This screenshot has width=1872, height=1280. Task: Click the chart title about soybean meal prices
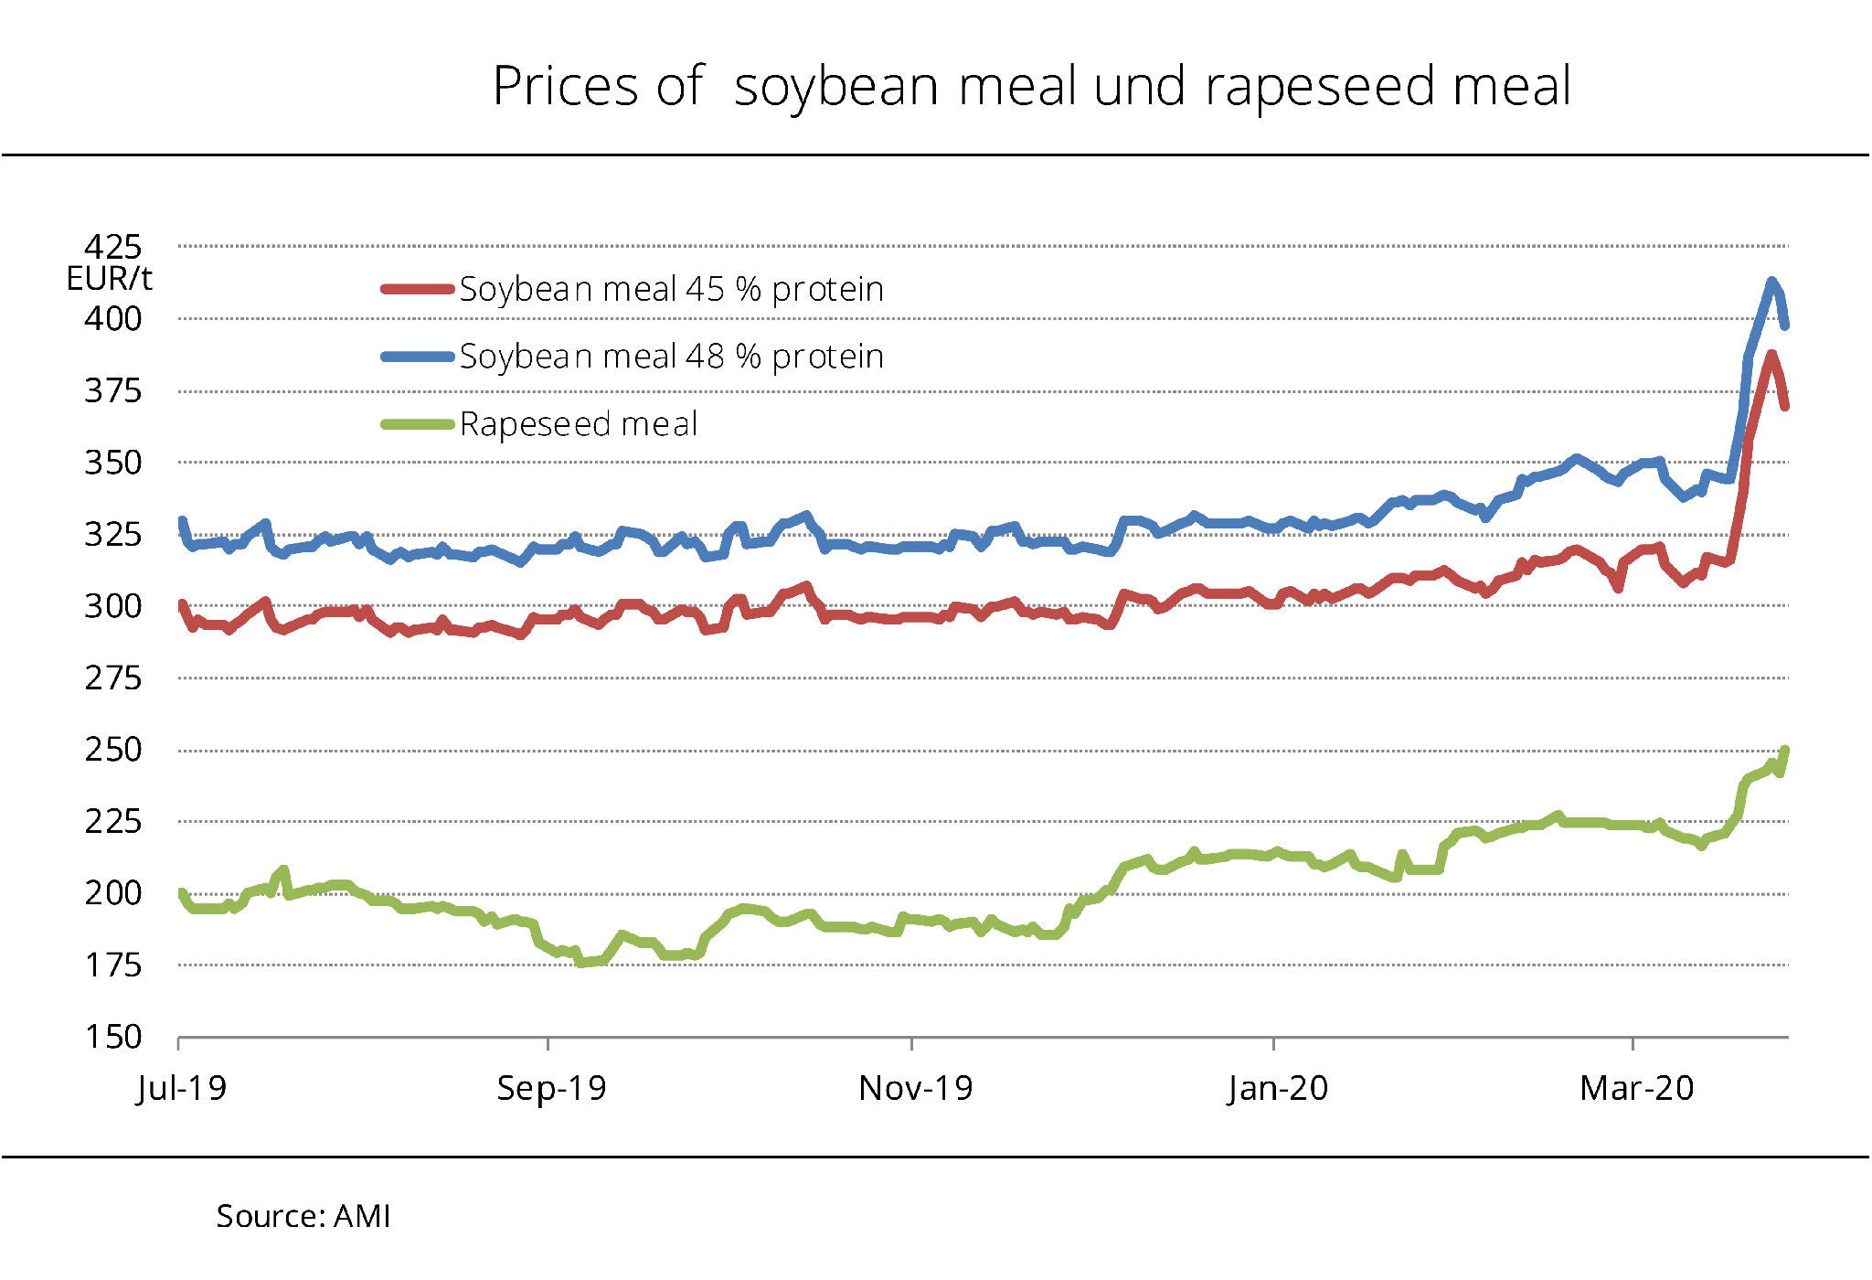click(x=1031, y=87)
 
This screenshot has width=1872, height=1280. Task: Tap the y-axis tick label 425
click(x=113, y=247)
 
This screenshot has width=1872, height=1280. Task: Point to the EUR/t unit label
click(x=109, y=279)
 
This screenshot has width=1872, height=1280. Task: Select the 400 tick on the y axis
click(x=113, y=319)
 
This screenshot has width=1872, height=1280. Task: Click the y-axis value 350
click(x=113, y=463)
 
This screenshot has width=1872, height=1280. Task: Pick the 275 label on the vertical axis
click(x=113, y=678)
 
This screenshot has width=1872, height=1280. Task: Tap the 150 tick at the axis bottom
click(x=113, y=1038)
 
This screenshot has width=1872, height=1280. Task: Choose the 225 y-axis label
click(x=113, y=822)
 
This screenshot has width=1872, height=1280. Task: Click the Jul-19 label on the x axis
click(x=181, y=1088)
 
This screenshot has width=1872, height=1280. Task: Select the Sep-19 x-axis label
click(x=551, y=1088)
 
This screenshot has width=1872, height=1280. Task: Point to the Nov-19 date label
click(x=915, y=1088)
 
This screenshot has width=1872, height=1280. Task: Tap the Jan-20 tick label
click(x=1277, y=1088)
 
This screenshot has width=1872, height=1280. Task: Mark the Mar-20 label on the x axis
click(x=1636, y=1088)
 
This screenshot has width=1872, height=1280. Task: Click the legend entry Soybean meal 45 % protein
click(x=671, y=290)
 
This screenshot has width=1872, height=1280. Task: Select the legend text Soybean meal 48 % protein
click(x=671, y=357)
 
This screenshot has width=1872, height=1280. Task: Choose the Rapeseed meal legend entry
click(x=579, y=424)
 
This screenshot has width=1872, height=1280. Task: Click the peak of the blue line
click(x=1771, y=282)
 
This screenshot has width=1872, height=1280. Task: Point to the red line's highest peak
click(x=1771, y=355)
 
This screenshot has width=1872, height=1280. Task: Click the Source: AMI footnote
click(x=303, y=1217)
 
